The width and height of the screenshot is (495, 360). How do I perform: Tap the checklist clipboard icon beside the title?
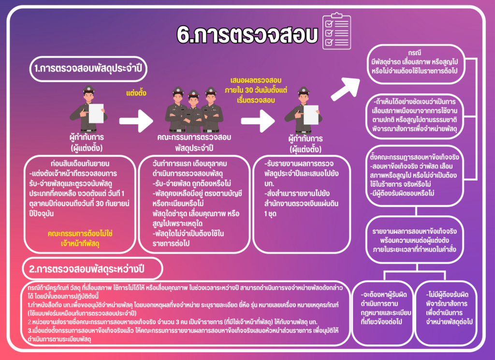(x=336, y=30)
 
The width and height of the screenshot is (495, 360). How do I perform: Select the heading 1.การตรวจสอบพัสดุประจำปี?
(x=90, y=68)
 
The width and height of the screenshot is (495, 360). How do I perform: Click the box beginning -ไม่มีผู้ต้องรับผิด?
(x=450, y=308)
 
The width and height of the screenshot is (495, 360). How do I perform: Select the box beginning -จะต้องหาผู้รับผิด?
(x=385, y=308)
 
